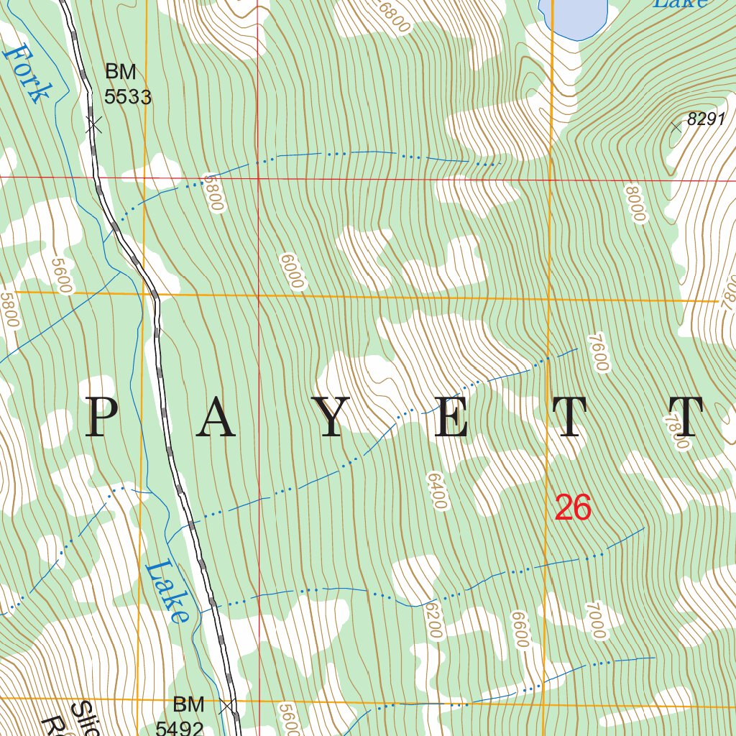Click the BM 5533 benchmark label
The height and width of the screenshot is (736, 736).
pos(127,84)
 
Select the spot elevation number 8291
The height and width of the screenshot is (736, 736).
pos(707,119)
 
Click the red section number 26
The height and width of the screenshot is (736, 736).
pos(573,508)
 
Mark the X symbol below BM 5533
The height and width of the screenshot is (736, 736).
pos(93,125)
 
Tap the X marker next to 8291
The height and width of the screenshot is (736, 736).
pos(676,127)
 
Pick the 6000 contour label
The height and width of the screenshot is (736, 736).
pos(292,271)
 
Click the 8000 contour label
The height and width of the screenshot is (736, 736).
pos(636,204)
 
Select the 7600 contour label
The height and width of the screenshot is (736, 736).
pos(598,352)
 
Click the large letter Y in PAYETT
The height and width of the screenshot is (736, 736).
pos(330,418)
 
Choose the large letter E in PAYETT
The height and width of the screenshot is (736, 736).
pos(451,418)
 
